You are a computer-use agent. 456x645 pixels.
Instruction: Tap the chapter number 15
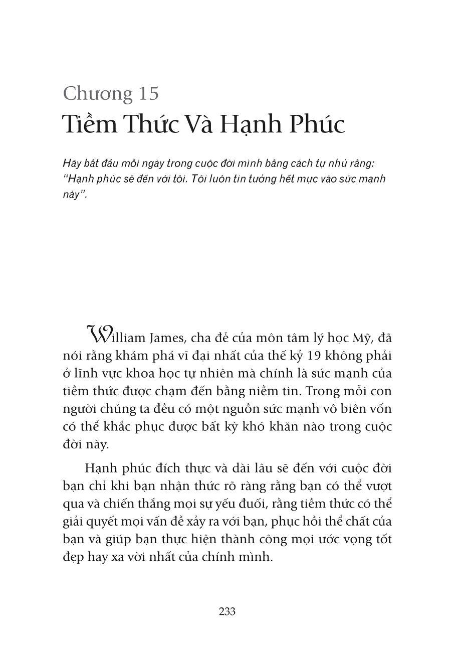[x=147, y=93]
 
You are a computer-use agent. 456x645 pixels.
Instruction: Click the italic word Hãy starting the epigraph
[x=72, y=164]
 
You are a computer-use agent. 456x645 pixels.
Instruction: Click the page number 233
[x=227, y=611]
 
